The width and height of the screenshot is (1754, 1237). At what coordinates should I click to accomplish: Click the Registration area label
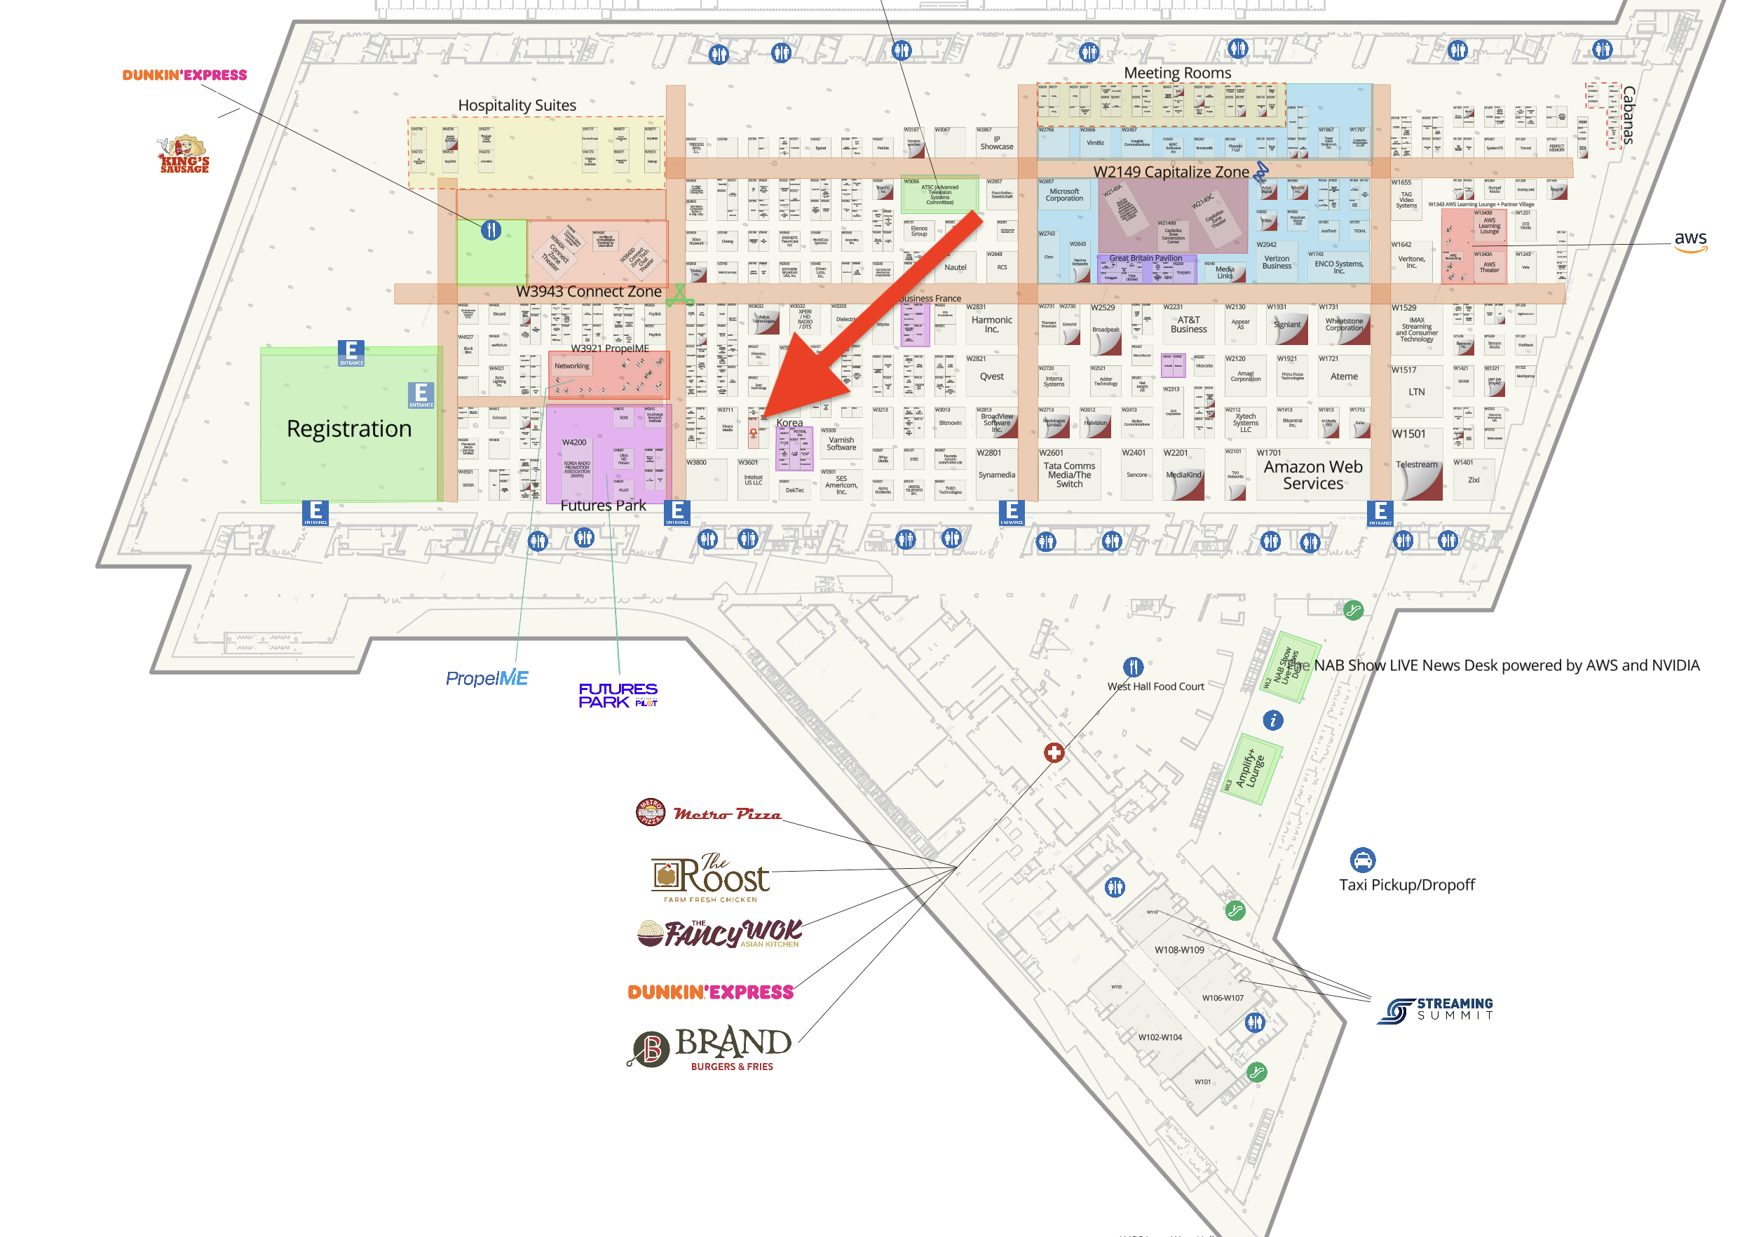pos(348,428)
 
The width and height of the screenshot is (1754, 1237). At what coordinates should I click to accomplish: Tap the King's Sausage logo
pos(184,155)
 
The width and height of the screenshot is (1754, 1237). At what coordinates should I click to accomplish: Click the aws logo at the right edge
pos(1690,241)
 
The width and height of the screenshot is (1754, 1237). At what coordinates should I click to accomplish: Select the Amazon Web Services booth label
pos(1312,475)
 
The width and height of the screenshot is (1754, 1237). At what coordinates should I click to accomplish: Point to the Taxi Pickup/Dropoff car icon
pos(1362,860)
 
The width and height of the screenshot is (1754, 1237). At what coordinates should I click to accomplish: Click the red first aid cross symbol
pos(1054,752)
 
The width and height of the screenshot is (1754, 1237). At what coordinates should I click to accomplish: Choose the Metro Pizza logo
pos(708,812)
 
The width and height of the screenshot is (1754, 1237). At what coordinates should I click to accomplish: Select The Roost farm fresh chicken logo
pos(710,877)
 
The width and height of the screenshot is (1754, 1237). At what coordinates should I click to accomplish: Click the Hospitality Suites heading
pos(517,105)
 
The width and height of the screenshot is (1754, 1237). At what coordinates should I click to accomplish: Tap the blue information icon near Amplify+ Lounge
pos(1272,719)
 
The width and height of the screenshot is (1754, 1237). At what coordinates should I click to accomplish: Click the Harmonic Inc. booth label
pos(991,325)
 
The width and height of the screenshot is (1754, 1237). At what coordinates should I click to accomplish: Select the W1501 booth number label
pos(1408,434)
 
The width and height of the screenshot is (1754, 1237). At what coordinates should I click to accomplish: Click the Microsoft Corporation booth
pos(1064,195)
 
